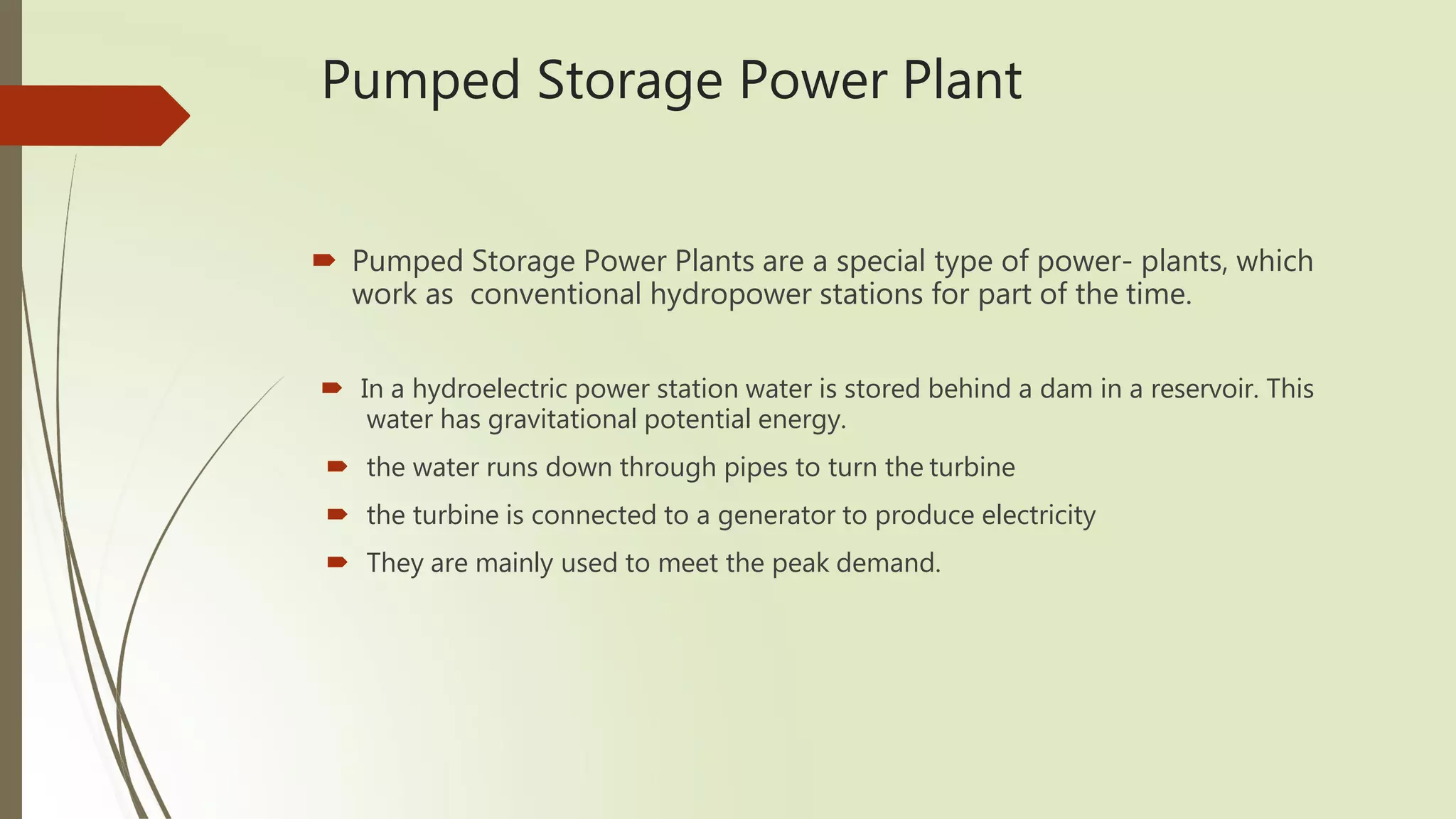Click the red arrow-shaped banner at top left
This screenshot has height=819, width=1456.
[x=92, y=115]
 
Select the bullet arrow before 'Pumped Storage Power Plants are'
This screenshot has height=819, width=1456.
[x=323, y=261]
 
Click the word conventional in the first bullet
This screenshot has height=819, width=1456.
[x=555, y=294]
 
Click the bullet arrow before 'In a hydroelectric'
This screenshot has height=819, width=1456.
[x=331, y=388]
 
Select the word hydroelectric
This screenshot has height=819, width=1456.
[x=489, y=389]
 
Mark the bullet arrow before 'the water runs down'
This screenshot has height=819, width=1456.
[x=337, y=466]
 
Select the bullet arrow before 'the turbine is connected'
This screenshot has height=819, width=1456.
[x=337, y=514]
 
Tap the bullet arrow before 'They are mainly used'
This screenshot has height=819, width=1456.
[x=337, y=562]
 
